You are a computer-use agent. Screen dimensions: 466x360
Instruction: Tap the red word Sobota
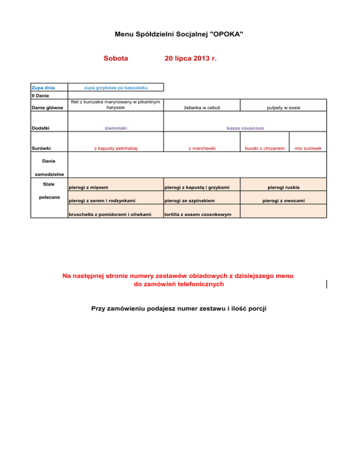(x=115, y=59)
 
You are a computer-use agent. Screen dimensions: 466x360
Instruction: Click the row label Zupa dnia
(x=42, y=88)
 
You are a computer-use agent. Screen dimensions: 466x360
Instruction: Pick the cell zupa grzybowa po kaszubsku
(x=116, y=88)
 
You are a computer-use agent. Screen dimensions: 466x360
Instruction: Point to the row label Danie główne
(x=47, y=108)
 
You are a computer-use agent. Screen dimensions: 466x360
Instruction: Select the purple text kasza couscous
(x=245, y=128)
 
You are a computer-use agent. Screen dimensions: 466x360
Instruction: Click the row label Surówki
(x=42, y=148)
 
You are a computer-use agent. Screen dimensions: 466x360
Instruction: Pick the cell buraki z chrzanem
(x=265, y=148)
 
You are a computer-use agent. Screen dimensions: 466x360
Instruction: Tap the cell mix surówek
(x=307, y=148)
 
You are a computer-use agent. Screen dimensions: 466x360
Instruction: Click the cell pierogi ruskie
(x=284, y=188)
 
